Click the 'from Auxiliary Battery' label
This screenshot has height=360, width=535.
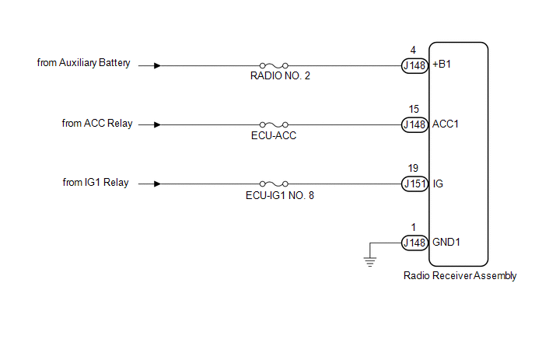click(84, 63)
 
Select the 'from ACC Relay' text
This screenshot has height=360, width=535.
click(97, 123)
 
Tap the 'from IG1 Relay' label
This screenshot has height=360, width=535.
click(96, 183)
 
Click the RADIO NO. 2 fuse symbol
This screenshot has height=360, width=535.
click(274, 65)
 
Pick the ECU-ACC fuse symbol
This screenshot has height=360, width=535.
click(274, 124)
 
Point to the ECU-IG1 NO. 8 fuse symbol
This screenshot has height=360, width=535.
click(274, 183)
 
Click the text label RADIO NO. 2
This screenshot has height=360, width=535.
click(280, 75)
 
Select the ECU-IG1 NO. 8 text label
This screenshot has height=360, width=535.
click(280, 195)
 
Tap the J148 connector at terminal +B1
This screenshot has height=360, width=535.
click(414, 65)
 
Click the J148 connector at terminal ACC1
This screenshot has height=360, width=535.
click(414, 124)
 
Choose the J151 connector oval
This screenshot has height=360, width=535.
click(414, 184)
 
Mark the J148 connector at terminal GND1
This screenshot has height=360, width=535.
click(414, 243)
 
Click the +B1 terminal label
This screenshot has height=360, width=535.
click(442, 65)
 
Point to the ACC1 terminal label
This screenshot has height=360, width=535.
click(446, 124)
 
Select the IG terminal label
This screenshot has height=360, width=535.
click(438, 184)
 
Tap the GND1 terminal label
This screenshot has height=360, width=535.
click(446, 243)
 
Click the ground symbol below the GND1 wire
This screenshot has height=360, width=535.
click(370, 262)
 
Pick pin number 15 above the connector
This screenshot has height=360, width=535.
click(414, 109)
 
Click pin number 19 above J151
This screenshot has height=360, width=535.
click(413, 168)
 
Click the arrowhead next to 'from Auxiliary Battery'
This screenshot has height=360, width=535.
click(157, 65)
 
